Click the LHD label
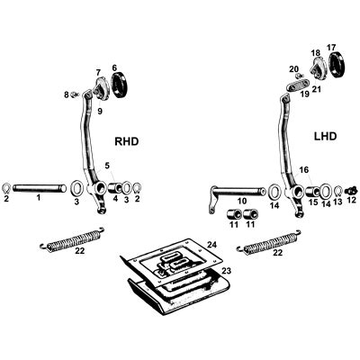(x=327, y=137)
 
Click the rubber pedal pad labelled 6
(x=119, y=86)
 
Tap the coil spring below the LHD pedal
(x=273, y=241)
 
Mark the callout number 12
(x=351, y=201)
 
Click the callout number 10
(x=240, y=201)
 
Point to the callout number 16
(x=303, y=168)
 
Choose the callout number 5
(x=107, y=165)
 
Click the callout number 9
(x=100, y=112)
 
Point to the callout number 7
(x=98, y=72)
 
